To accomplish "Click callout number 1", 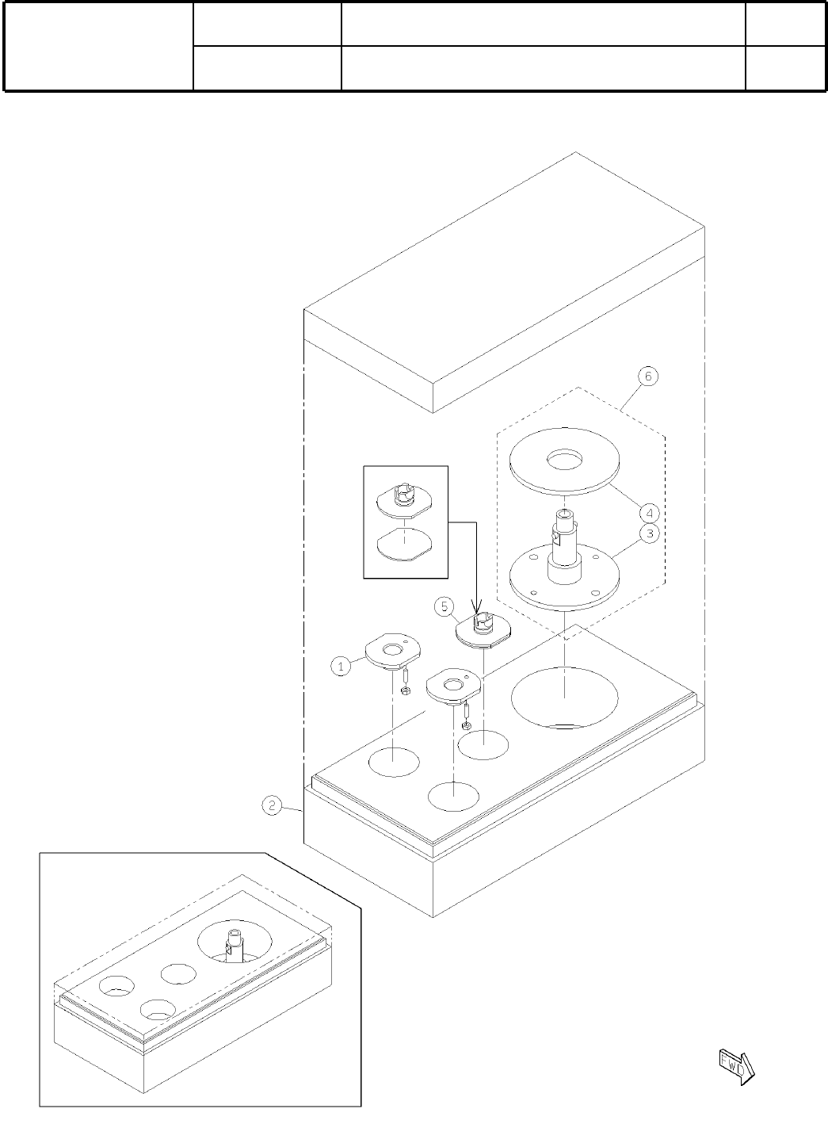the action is (x=340, y=666).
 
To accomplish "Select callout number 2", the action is (x=271, y=806).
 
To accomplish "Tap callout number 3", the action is (x=649, y=533).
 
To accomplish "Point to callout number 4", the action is (x=649, y=511).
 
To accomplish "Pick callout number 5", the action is (x=444, y=607).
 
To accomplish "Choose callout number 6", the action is (x=648, y=377).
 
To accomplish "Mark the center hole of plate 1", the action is (x=391, y=651).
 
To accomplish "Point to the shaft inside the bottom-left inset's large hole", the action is (x=235, y=943).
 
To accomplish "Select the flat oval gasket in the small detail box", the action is (x=404, y=545).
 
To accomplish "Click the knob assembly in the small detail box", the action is (x=404, y=499).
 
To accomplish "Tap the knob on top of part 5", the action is (x=482, y=623).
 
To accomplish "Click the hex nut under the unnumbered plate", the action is (x=466, y=725).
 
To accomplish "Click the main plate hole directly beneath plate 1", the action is (x=394, y=762).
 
